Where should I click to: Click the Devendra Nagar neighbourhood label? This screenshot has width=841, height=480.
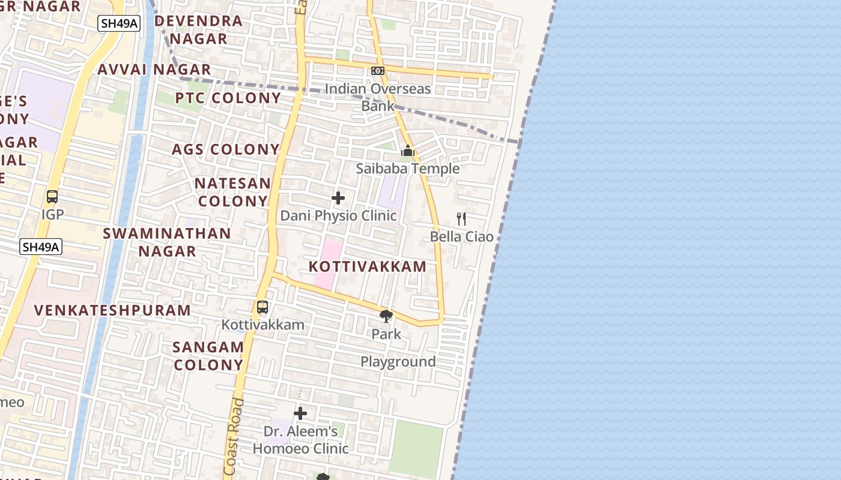tap(199, 30)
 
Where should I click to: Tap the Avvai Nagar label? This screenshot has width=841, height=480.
tap(154, 70)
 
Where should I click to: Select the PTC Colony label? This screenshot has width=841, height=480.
tap(228, 98)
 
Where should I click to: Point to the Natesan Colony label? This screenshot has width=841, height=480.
tap(233, 192)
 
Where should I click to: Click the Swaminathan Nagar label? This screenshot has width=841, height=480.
tap(167, 242)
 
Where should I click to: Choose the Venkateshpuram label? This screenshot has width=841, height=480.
tap(112, 310)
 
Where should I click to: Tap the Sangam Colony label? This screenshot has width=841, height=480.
tap(208, 356)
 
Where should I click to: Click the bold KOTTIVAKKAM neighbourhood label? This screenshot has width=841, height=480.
tap(368, 266)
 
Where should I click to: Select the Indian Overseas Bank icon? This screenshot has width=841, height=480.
tap(378, 71)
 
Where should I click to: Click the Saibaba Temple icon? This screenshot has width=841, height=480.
tap(408, 151)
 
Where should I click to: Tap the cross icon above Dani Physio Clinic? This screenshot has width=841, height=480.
tap(338, 198)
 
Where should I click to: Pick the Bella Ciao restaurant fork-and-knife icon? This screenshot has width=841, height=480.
tap(461, 218)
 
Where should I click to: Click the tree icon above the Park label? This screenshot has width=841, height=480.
tap(386, 316)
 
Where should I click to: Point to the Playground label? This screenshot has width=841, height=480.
tap(398, 362)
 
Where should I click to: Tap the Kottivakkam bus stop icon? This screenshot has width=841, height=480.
tap(263, 307)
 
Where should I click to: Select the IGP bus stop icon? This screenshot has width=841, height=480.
tap(52, 197)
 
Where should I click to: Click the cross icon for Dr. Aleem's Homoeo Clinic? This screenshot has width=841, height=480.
tap(300, 413)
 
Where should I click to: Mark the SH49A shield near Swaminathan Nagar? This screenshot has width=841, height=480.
tap(41, 247)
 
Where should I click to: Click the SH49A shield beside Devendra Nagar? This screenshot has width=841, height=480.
tap(119, 23)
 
